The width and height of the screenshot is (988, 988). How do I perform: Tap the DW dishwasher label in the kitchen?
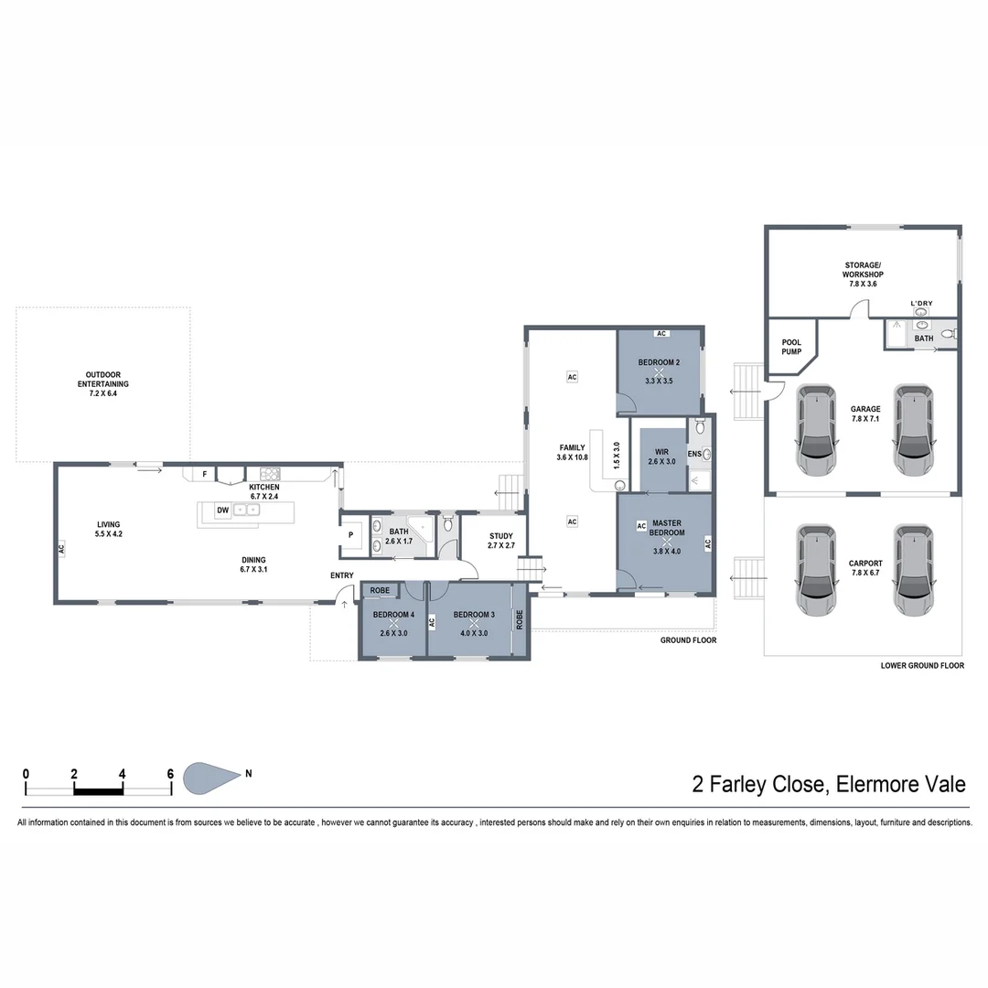click(222, 511)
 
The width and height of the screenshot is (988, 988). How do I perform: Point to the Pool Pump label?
click(791, 347)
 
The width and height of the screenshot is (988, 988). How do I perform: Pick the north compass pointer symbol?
click(213, 778)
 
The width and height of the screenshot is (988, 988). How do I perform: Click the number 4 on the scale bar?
click(123, 773)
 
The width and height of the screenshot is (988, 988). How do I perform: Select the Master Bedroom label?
click(666, 528)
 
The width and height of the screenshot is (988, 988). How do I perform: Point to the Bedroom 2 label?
click(660, 363)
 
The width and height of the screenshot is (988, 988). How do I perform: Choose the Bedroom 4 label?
click(393, 615)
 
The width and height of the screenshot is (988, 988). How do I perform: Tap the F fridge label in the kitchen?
click(204, 474)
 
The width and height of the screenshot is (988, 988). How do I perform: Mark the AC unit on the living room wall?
click(61, 549)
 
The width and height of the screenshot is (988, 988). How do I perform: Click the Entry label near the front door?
click(341, 575)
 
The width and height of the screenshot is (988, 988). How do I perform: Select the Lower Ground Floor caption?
click(922, 666)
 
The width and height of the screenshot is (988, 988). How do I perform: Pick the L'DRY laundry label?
click(920, 303)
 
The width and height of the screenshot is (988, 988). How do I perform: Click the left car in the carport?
click(815, 570)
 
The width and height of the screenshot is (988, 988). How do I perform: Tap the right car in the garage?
click(912, 430)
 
